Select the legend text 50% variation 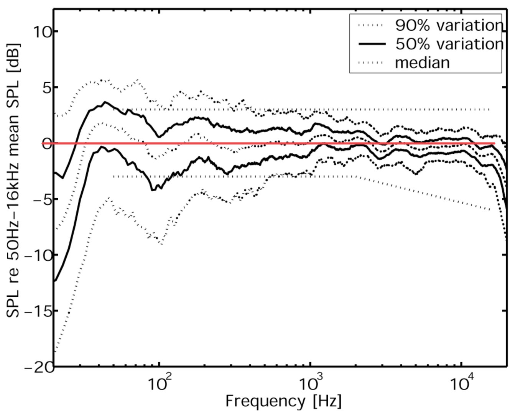click(x=449, y=44)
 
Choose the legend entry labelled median click(x=422, y=62)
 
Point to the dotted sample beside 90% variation click(x=371, y=26)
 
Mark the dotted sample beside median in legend click(x=371, y=62)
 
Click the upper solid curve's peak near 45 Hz click(x=105, y=102)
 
